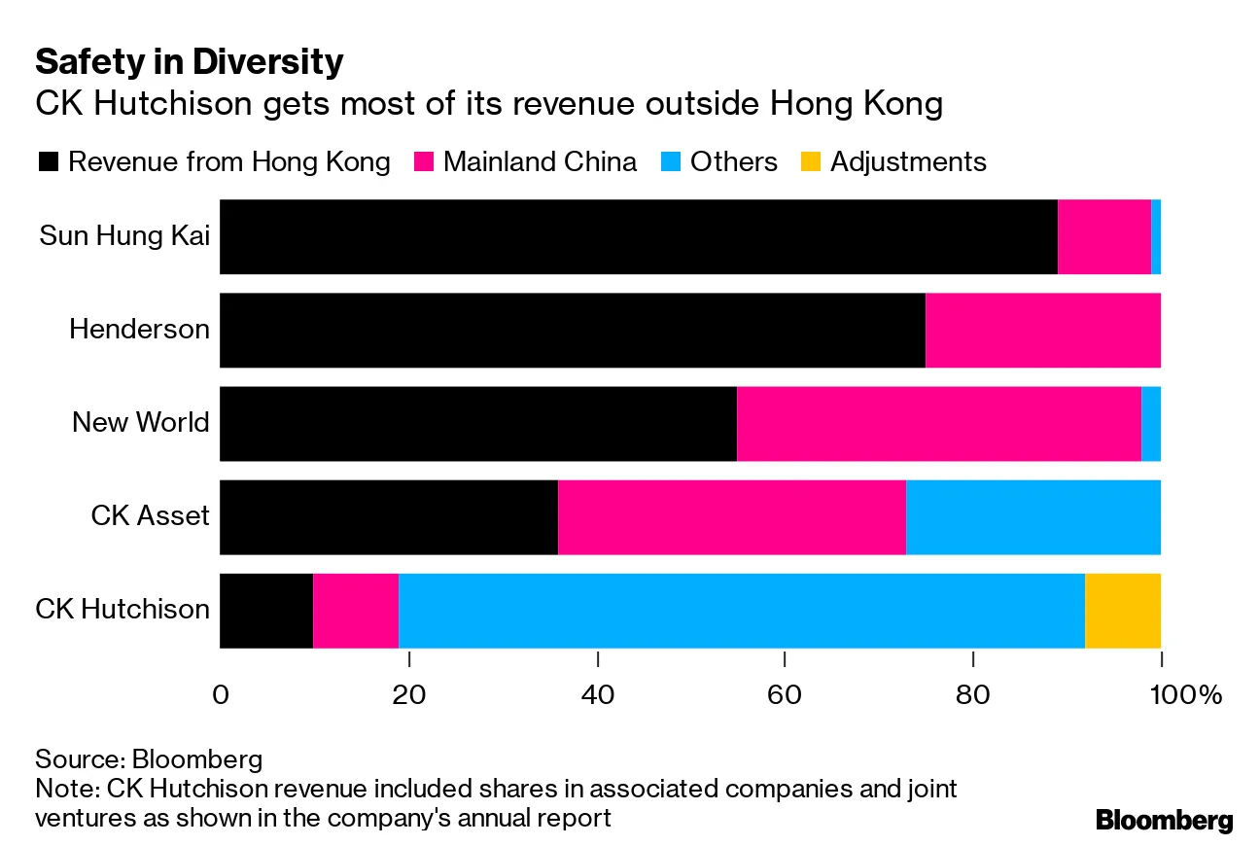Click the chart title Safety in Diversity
coord(190,62)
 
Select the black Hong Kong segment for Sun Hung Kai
coord(638,236)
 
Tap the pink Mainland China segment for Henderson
coord(1042,330)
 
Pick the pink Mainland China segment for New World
coord(938,423)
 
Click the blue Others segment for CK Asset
coord(1032,516)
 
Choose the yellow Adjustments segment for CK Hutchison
coord(1122,610)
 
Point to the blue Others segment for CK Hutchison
coord(741,610)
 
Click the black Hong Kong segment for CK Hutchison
coord(266,610)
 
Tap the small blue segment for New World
coord(1150,423)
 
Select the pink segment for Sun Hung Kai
coord(1103,236)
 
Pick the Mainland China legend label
coord(540,161)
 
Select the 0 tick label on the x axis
coord(221,696)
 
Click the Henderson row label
coord(139,330)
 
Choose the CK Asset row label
coord(150,516)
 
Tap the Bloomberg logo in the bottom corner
coord(1164,820)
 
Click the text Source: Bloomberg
coord(149,758)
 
